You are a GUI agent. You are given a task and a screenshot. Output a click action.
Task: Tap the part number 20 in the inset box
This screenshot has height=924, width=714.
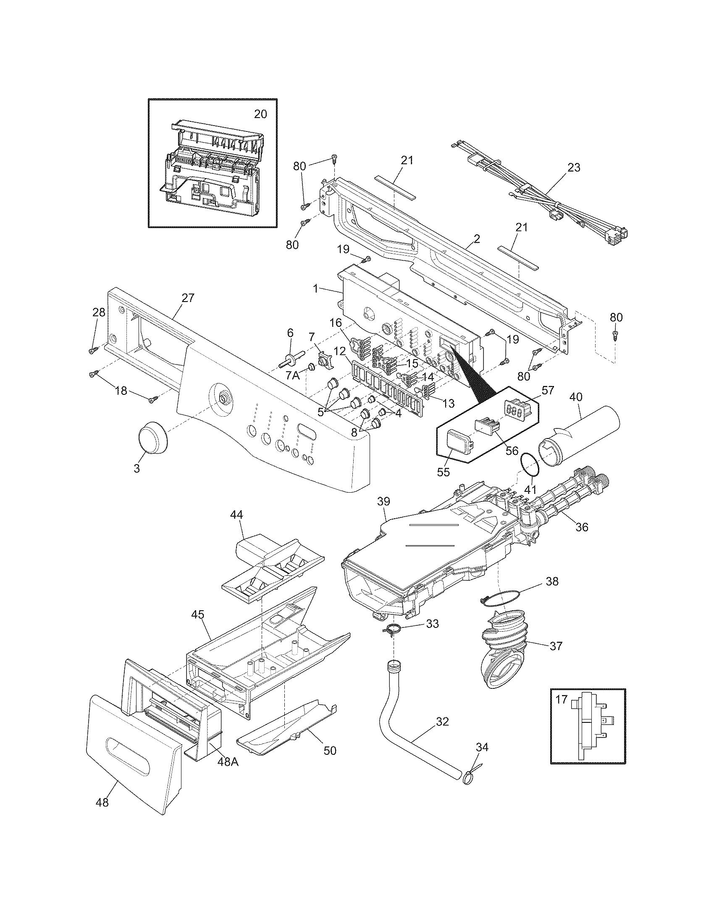click(260, 114)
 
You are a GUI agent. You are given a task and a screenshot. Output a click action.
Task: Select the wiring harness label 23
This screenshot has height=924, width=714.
click(574, 168)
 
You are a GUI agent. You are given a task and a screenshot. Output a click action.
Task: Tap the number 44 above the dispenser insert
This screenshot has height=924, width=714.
click(237, 515)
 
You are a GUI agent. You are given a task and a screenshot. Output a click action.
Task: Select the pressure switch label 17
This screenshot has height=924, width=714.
click(561, 700)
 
